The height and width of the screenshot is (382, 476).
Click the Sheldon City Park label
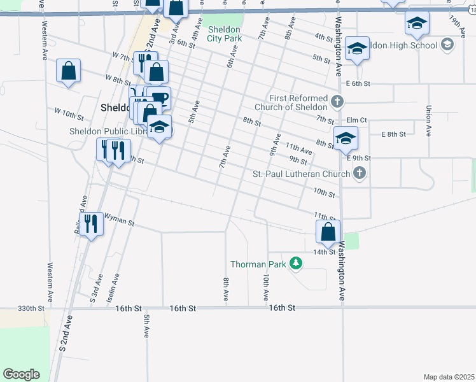(x=223, y=34)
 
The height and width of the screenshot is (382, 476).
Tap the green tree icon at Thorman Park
(x=295, y=263)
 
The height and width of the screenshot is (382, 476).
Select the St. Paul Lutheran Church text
(x=301, y=174)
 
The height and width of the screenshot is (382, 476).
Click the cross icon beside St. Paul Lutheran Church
(x=360, y=173)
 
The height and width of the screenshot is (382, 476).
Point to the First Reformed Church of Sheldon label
(x=297, y=103)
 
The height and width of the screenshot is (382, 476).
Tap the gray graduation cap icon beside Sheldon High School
(x=447, y=44)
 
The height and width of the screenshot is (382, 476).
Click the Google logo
(x=21, y=374)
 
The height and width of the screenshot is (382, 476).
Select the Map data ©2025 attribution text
(x=449, y=377)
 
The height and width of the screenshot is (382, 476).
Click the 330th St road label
(x=31, y=308)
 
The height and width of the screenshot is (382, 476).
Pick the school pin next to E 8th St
(x=346, y=138)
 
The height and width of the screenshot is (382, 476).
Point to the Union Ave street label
(x=429, y=121)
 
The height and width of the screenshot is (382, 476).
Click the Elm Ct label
(x=357, y=120)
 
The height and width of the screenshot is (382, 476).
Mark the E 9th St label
(x=359, y=157)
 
